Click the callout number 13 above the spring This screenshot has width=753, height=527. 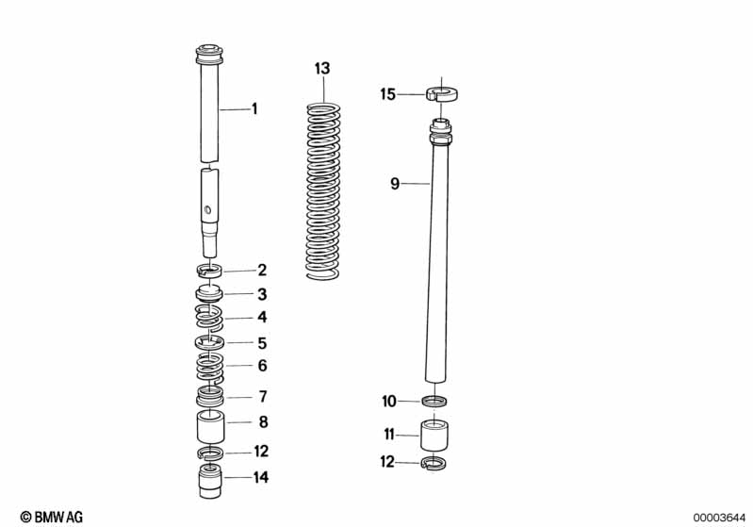pyautogui.click(x=323, y=68)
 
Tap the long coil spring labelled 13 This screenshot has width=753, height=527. pyautogui.click(x=323, y=189)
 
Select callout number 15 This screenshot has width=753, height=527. pyautogui.click(x=388, y=94)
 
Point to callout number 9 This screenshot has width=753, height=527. pyautogui.click(x=396, y=185)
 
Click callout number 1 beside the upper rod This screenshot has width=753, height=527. pyautogui.click(x=254, y=109)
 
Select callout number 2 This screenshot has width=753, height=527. pyautogui.click(x=262, y=271)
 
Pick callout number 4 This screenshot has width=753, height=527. pyautogui.click(x=262, y=318)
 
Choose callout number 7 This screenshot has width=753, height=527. pyautogui.click(x=262, y=396)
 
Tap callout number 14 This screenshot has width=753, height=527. pyautogui.click(x=261, y=478)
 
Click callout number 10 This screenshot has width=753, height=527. pyautogui.click(x=389, y=402)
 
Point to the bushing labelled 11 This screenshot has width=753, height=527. pyautogui.click(x=436, y=436)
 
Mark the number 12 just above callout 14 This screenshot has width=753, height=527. pyautogui.click(x=261, y=452)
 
